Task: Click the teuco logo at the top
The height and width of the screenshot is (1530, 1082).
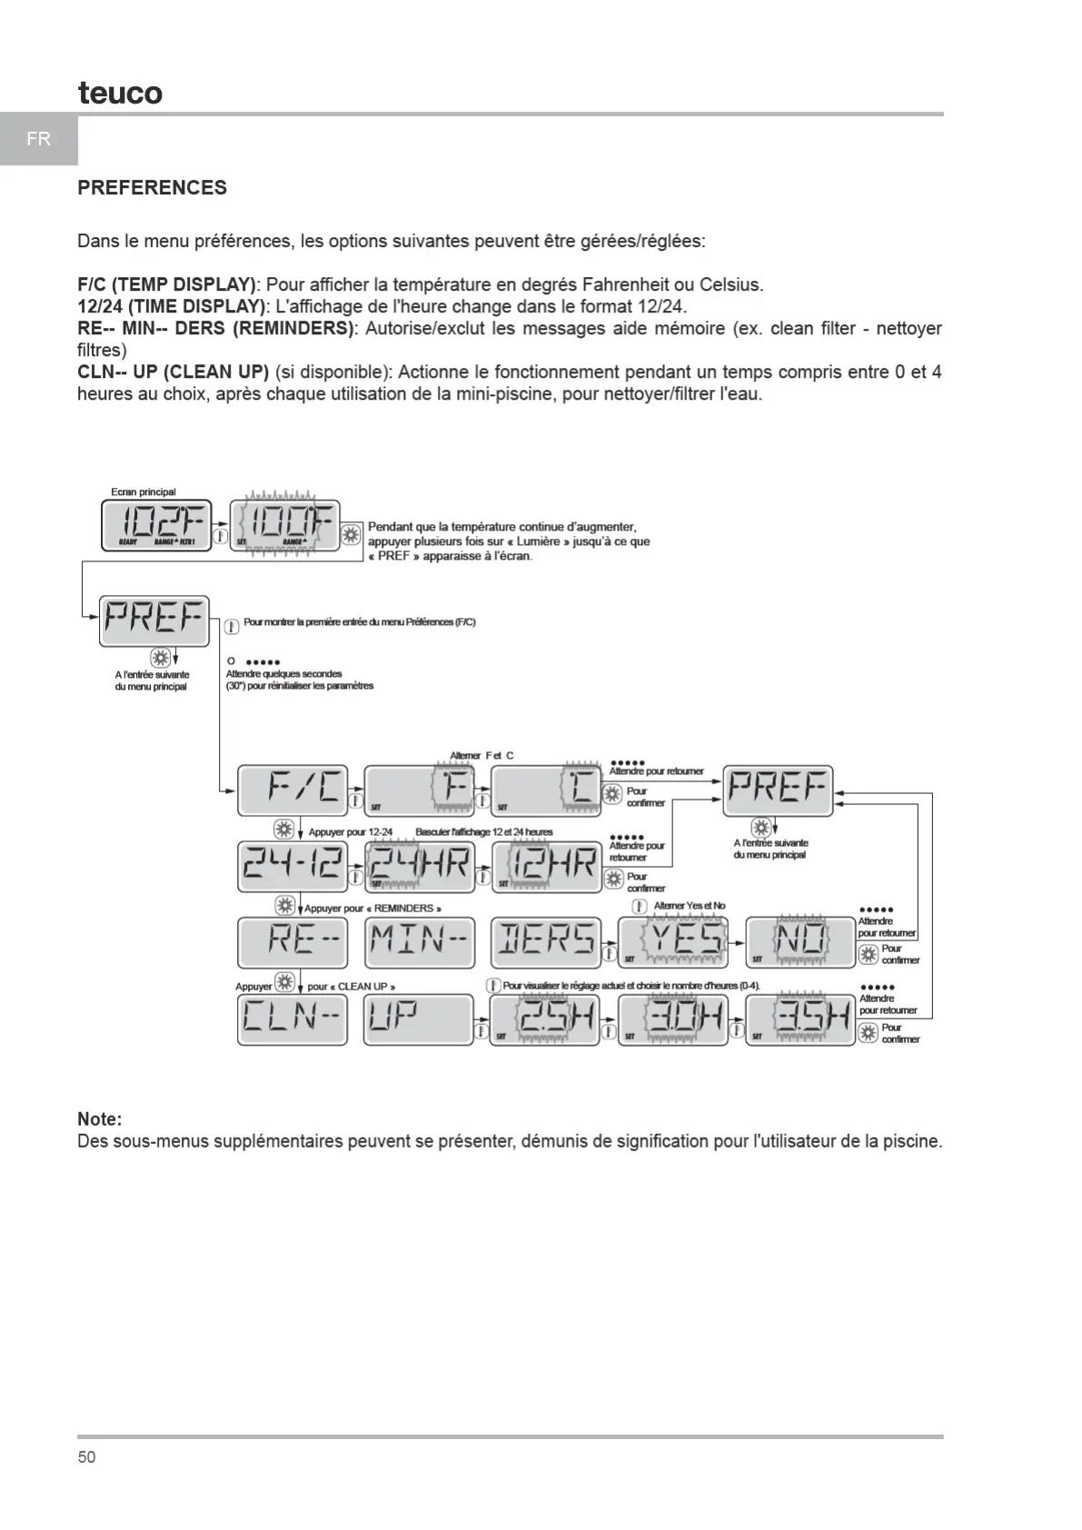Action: pos(120,93)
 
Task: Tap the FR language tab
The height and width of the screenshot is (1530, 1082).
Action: pos(38,139)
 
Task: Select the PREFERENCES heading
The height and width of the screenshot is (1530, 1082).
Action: pos(152,188)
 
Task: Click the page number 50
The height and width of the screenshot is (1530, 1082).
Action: pos(86,1457)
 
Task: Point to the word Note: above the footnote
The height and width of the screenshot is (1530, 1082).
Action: pos(99,1119)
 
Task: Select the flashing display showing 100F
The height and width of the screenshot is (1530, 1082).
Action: pos(284,525)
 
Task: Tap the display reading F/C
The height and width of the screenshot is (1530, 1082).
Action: pos(293,790)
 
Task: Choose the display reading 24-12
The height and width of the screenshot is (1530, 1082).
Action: pos(293,865)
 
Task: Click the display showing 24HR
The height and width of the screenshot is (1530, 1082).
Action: pos(420,865)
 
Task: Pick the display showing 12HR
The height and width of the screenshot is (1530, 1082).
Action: pos(547,865)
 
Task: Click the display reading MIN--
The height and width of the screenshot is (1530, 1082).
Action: pos(420,942)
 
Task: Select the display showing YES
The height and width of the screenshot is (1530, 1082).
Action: pos(673,942)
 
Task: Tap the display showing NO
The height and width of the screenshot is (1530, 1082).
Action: pos(800,942)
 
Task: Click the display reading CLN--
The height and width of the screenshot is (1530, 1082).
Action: pos(293,1020)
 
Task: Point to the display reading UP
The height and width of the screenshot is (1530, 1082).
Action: pos(420,1020)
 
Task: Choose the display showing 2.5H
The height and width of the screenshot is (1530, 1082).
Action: pos(545,1020)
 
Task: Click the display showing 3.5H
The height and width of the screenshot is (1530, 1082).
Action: pos(800,1020)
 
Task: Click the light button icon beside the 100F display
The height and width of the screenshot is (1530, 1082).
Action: pos(351,536)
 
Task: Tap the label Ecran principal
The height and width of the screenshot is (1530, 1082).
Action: pos(144,492)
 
